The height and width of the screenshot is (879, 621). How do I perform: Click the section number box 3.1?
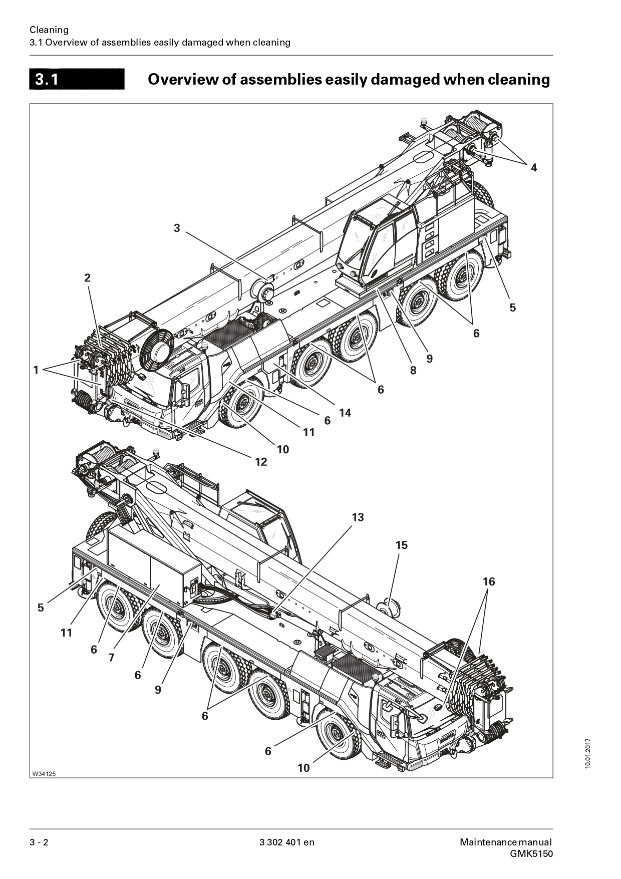(x=77, y=79)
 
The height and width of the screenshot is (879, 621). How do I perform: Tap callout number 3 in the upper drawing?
(x=177, y=228)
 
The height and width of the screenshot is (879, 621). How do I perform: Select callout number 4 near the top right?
(x=534, y=168)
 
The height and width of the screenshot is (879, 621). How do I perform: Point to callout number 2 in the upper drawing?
(x=88, y=278)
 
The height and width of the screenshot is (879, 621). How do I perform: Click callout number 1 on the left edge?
(x=36, y=370)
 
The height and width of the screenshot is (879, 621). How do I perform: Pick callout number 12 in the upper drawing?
(x=261, y=462)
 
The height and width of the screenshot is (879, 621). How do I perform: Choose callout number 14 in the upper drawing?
(x=345, y=413)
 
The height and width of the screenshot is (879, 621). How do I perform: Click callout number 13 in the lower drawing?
(x=358, y=517)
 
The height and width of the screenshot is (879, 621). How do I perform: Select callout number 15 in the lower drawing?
(x=402, y=545)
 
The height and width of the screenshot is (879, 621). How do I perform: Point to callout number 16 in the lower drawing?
(x=489, y=581)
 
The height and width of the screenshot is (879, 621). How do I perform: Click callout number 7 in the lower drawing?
(x=111, y=658)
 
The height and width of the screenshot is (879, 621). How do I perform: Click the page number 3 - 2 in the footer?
(x=39, y=842)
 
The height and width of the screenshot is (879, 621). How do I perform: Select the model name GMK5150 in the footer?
(x=531, y=854)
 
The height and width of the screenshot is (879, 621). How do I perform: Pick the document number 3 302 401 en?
(x=287, y=842)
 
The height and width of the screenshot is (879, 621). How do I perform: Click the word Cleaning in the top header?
(x=49, y=30)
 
